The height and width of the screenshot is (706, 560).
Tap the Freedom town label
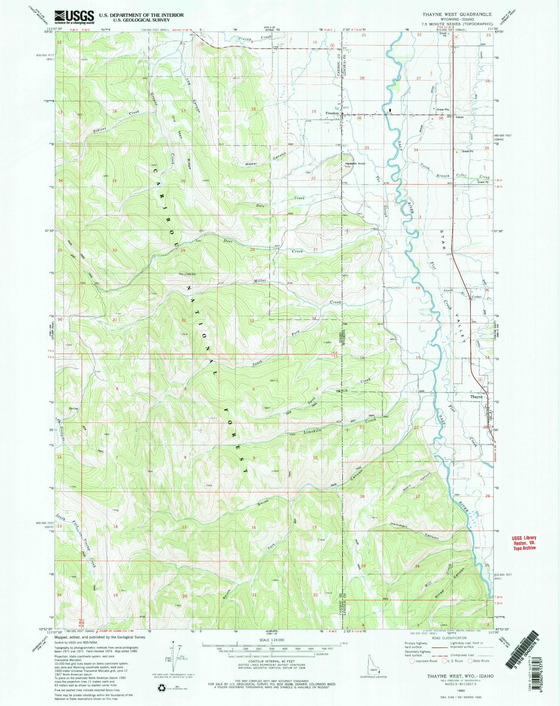pyautogui.click(x=332, y=113)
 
